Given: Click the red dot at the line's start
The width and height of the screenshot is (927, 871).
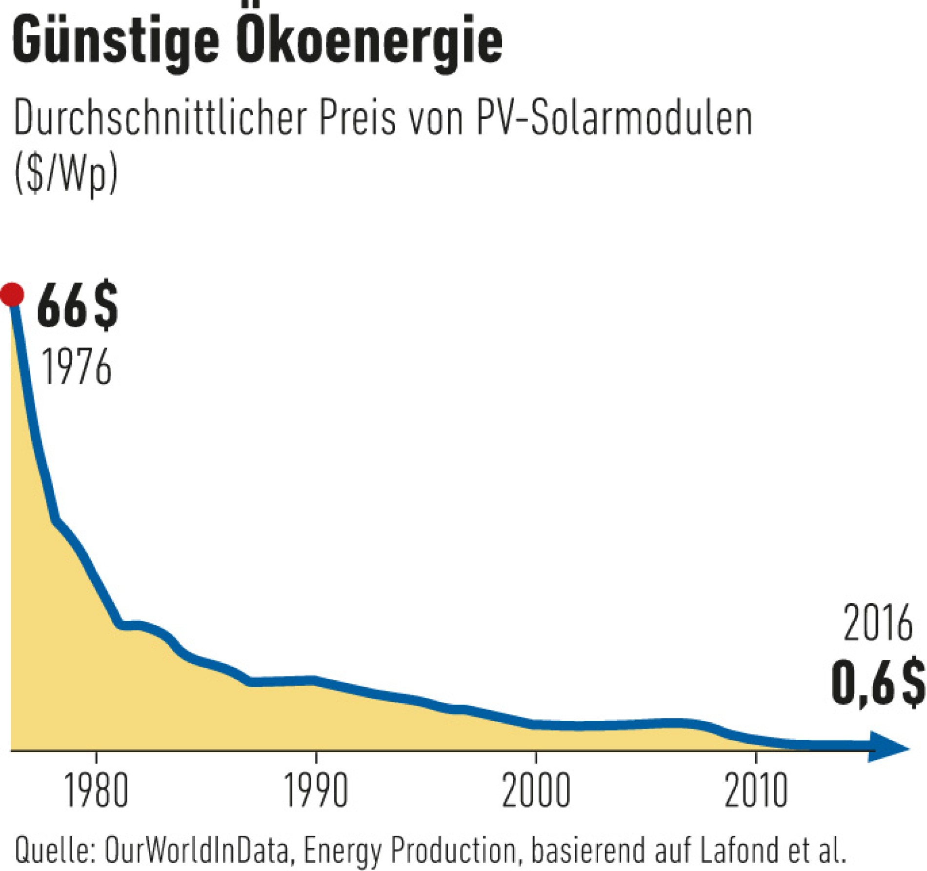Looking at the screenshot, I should pyautogui.click(x=12, y=294).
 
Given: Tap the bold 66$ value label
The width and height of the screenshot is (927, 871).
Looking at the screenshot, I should pyautogui.click(x=77, y=307).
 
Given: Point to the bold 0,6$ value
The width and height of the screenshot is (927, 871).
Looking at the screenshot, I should pyautogui.click(x=878, y=683).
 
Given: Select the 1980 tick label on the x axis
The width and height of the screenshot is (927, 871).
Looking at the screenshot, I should pyautogui.click(x=96, y=791).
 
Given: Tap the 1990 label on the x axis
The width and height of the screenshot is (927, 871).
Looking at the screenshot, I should pyautogui.click(x=316, y=791).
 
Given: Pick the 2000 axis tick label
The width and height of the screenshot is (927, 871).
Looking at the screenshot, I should pyautogui.click(x=536, y=791).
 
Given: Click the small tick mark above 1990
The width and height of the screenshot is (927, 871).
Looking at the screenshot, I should pyautogui.click(x=316, y=757).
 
